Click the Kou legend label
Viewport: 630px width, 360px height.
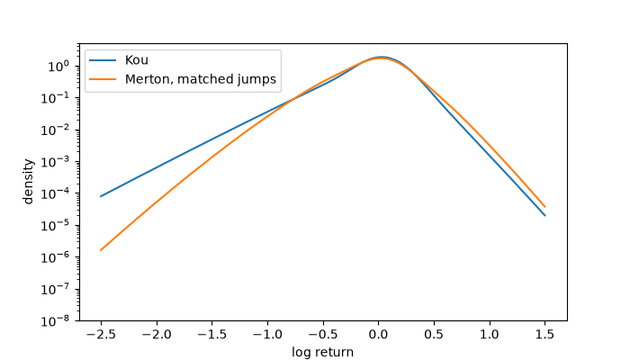point(137,60)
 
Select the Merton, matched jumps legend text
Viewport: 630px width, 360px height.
point(201,79)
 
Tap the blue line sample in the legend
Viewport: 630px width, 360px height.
point(103,60)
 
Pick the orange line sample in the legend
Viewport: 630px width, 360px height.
point(103,79)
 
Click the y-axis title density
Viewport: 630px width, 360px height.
point(28,182)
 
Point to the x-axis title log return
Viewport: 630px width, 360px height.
point(322,353)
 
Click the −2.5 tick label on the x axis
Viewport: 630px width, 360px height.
point(101,334)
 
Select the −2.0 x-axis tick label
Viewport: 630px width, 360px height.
point(157,334)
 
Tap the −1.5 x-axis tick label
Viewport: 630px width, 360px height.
point(211,334)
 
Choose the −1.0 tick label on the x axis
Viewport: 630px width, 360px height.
point(267,334)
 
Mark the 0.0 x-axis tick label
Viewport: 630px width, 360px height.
point(379,334)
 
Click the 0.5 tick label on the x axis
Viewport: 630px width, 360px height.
point(434,334)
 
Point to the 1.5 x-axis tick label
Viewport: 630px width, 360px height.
point(544,334)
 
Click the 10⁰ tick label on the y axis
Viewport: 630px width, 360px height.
point(58,67)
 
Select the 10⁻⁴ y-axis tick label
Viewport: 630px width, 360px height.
point(56,193)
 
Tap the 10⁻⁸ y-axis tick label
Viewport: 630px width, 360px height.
point(56,321)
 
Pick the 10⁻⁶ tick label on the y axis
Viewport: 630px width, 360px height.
point(56,257)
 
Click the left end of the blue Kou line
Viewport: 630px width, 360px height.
point(101,196)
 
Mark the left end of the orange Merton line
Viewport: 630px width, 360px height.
point(101,250)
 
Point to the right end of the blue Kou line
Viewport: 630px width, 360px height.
point(544,215)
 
